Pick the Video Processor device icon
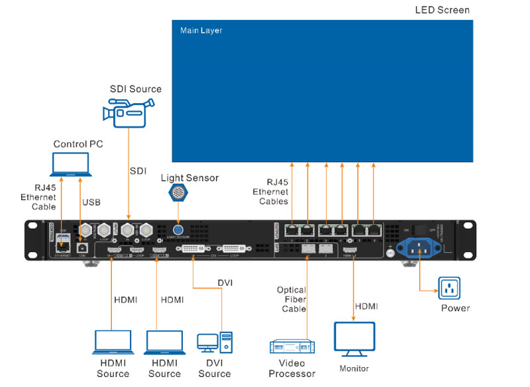[x=292, y=347]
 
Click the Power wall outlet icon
[x=449, y=288]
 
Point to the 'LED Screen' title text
[x=442, y=11]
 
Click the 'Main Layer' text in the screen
[x=201, y=30]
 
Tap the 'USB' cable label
[x=91, y=202]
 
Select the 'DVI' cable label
[x=225, y=282]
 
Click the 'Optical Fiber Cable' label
[x=291, y=300]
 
